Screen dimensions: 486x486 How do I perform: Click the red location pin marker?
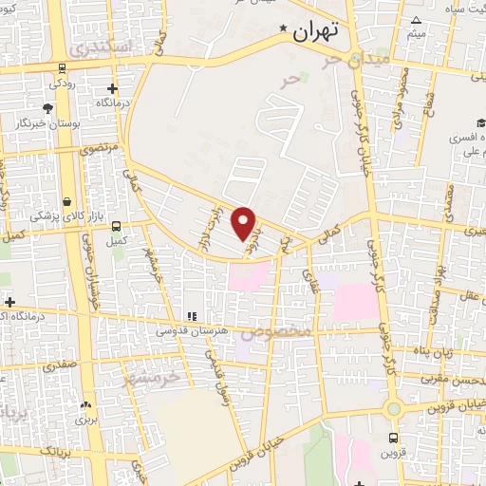pyautogui.click(x=245, y=222)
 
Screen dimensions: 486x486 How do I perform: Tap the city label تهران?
pyautogui.click(x=316, y=31)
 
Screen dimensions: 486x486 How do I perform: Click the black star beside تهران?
pyautogui.click(x=282, y=32)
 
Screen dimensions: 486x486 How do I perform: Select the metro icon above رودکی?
pyautogui.click(x=62, y=67)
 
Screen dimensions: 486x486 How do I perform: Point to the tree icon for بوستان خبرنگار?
pyautogui.click(x=47, y=109)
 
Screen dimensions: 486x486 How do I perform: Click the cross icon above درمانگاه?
pyautogui.click(x=112, y=89)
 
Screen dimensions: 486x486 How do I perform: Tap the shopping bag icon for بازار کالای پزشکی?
pyautogui.click(x=67, y=201)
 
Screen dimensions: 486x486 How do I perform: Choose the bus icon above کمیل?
pyautogui.click(x=116, y=226)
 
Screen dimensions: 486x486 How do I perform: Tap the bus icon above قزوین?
pyautogui.click(x=394, y=438)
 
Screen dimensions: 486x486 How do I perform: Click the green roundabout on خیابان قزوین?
pyautogui.click(x=392, y=408)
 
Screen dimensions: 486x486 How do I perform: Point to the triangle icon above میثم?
pyautogui.click(x=416, y=20)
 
